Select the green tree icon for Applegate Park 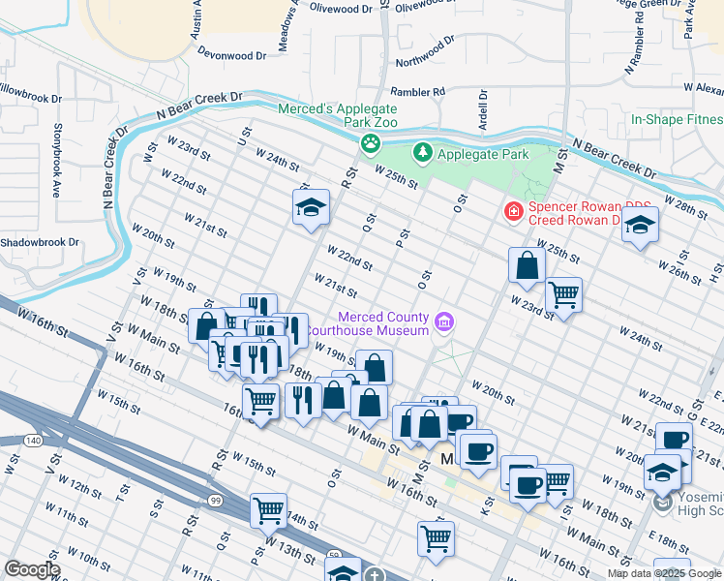point(422,153)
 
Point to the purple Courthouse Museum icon point(444,323)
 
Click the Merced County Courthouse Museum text point(382,324)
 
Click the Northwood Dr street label point(424,54)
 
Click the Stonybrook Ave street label point(58,159)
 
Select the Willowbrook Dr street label point(29,99)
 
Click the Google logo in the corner point(31,569)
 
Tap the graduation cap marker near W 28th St point(640,226)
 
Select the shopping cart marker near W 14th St point(268,509)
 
